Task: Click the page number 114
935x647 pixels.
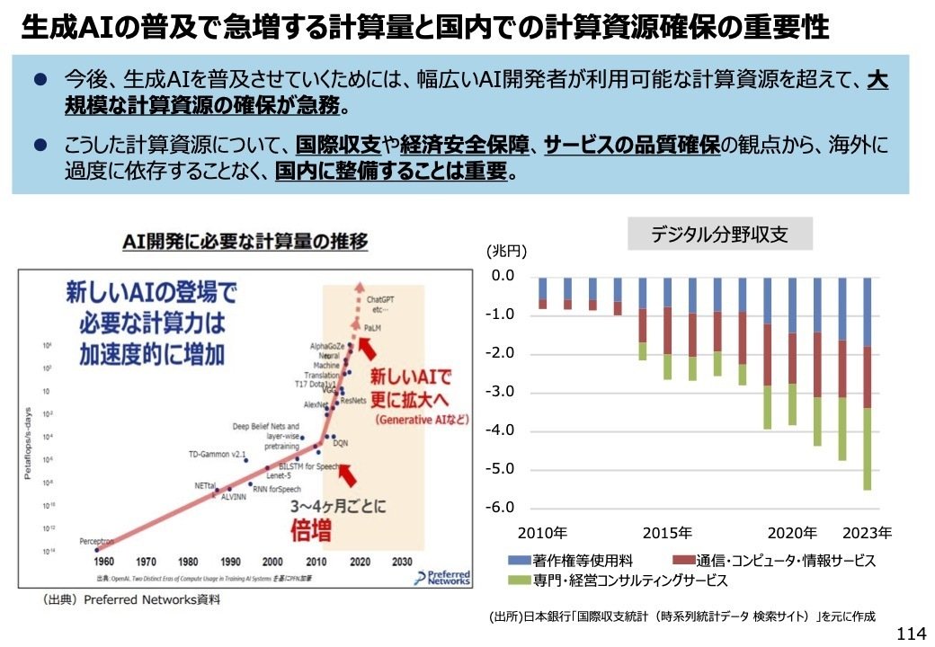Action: click(x=911, y=634)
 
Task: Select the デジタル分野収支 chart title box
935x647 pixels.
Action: click(x=719, y=235)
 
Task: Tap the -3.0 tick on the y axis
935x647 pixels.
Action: click(x=502, y=392)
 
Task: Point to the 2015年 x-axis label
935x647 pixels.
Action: click(x=667, y=532)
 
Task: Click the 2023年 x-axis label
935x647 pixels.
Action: click(x=867, y=532)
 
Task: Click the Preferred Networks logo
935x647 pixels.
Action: click(x=443, y=576)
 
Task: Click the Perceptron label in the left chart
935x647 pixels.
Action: click(x=96, y=542)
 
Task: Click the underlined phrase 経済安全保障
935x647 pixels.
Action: click(x=467, y=145)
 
